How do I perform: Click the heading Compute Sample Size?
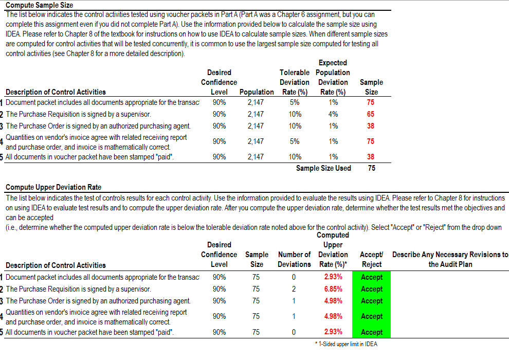(x=39, y=5)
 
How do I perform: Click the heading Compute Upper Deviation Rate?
(x=53, y=187)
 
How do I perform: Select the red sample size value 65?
(x=370, y=114)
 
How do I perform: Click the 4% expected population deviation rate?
(x=333, y=114)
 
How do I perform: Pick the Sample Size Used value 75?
(x=371, y=168)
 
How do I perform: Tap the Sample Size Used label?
(x=323, y=168)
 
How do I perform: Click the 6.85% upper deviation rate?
(x=333, y=289)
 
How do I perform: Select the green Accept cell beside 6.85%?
(x=372, y=289)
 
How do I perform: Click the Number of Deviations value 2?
(x=294, y=289)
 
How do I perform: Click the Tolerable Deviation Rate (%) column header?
(x=294, y=82)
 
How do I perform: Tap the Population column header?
(x=257, y=92)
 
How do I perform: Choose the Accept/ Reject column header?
(x=372, y=259)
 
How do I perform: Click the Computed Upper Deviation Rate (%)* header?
(x=333, y=249)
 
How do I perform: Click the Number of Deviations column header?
(x=294, y=259)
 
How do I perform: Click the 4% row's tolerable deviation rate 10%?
(x=295, y=114)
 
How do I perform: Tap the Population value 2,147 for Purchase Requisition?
(x=256, y=114)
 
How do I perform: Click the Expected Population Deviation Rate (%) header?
(x=333, y=77)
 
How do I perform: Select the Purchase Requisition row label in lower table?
(x=78, y=289)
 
